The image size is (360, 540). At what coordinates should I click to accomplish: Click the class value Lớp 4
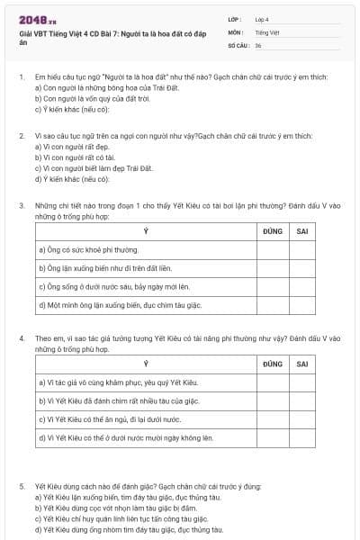pyautogui.click(x=262, y=18)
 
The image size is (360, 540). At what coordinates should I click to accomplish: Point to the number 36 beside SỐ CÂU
pyautogui.click(x=258, y=44)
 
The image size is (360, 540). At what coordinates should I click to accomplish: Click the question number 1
pyautogui.click(x=21, y=78)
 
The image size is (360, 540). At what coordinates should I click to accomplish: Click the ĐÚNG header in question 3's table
pyautogui.click(x=273, y=231)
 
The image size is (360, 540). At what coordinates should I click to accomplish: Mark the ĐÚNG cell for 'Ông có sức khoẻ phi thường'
pyautogui.click(x=273, y=249)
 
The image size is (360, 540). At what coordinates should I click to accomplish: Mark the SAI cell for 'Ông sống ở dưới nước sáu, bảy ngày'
pyautogui.click(x=302, y=286)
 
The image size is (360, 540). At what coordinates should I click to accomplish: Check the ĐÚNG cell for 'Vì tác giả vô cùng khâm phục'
pyautogui.click(x=273, y=382)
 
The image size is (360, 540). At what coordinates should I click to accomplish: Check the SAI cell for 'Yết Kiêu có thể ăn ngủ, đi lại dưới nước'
pyautogui.click(x=302, y=419)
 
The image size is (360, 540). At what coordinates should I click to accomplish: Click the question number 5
pyautogui.click(x=21, y=487)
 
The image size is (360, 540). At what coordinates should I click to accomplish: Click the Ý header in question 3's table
pyautogui.click(x=146, y=231)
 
